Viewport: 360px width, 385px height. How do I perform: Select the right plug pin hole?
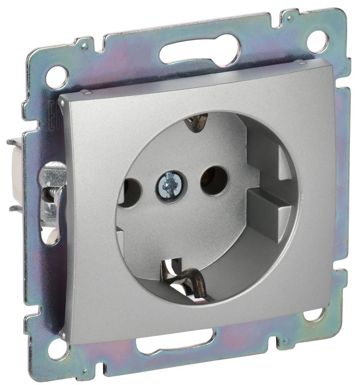pyautogui.click(x=214, y=180)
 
